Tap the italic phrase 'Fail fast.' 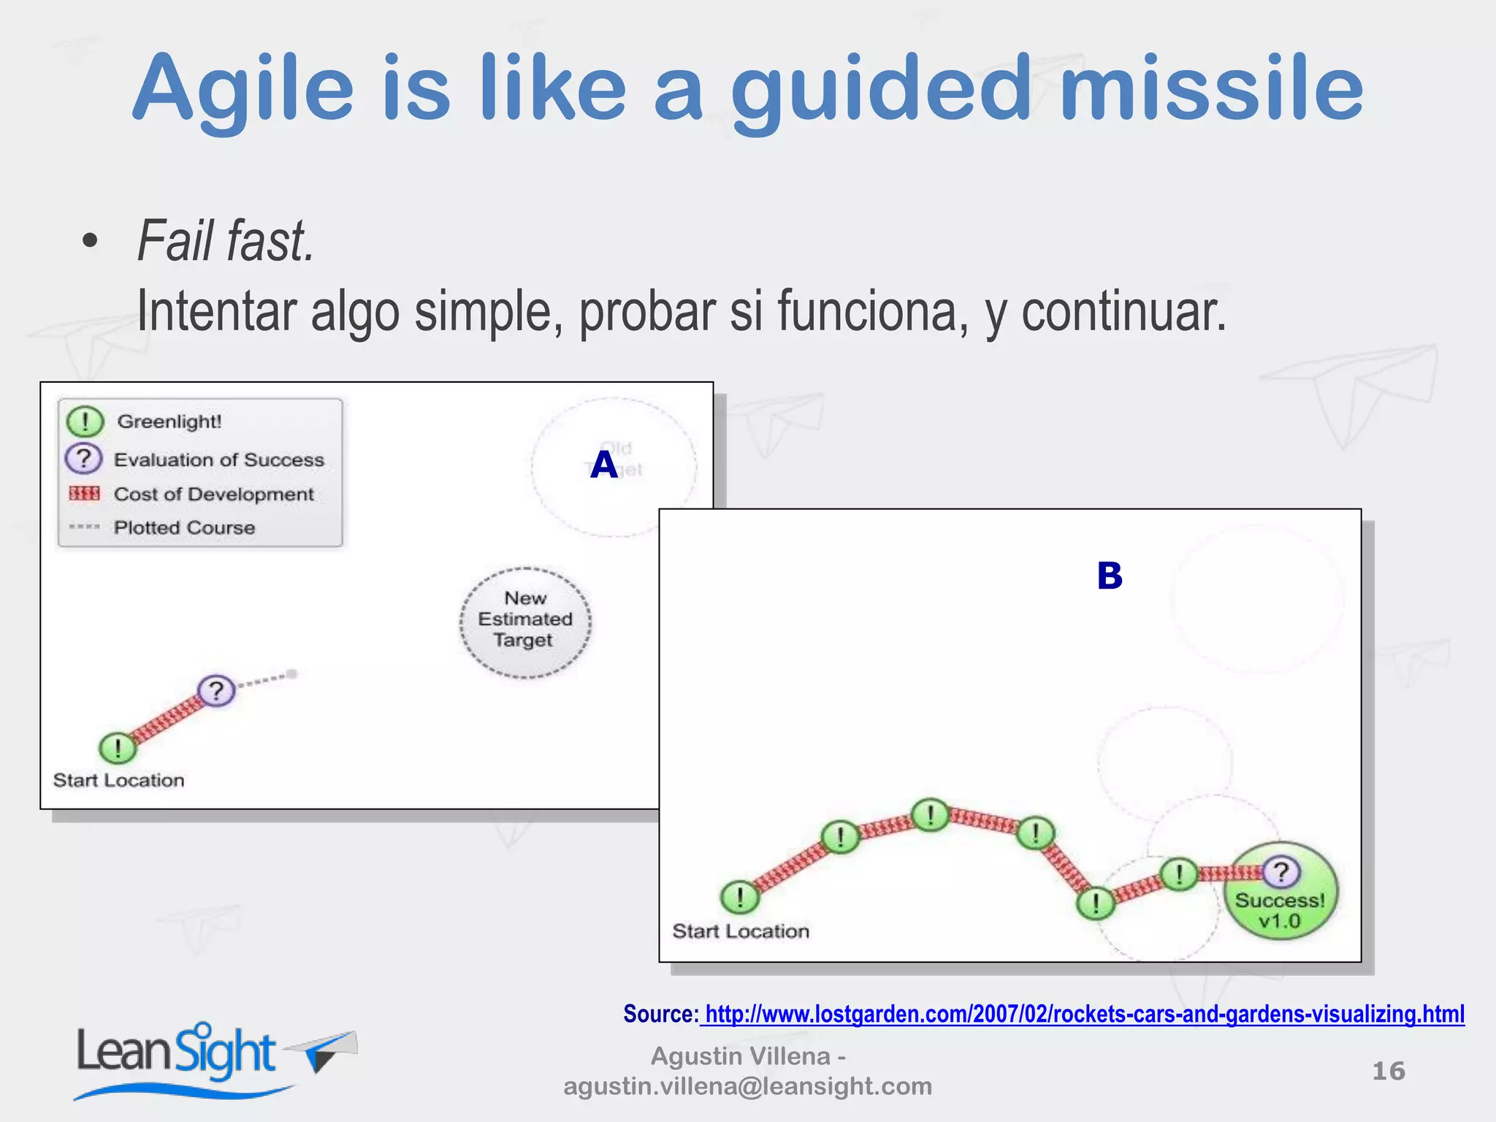pos(226,241)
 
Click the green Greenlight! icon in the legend pos(85,421)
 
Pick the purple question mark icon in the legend pos(84,459)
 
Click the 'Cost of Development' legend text pos(213,495)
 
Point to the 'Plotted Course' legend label pos(184,527)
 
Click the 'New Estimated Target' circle pos(525,622)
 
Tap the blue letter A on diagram pos(604,465)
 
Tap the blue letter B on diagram pos(1109,576)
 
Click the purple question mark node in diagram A pos(216,690)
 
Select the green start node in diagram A pos(117,748)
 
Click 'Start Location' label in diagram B pos(740,931)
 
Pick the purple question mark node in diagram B pos(1281,871)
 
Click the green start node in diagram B pos(739,897)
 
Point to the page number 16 pos(1388,1071)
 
